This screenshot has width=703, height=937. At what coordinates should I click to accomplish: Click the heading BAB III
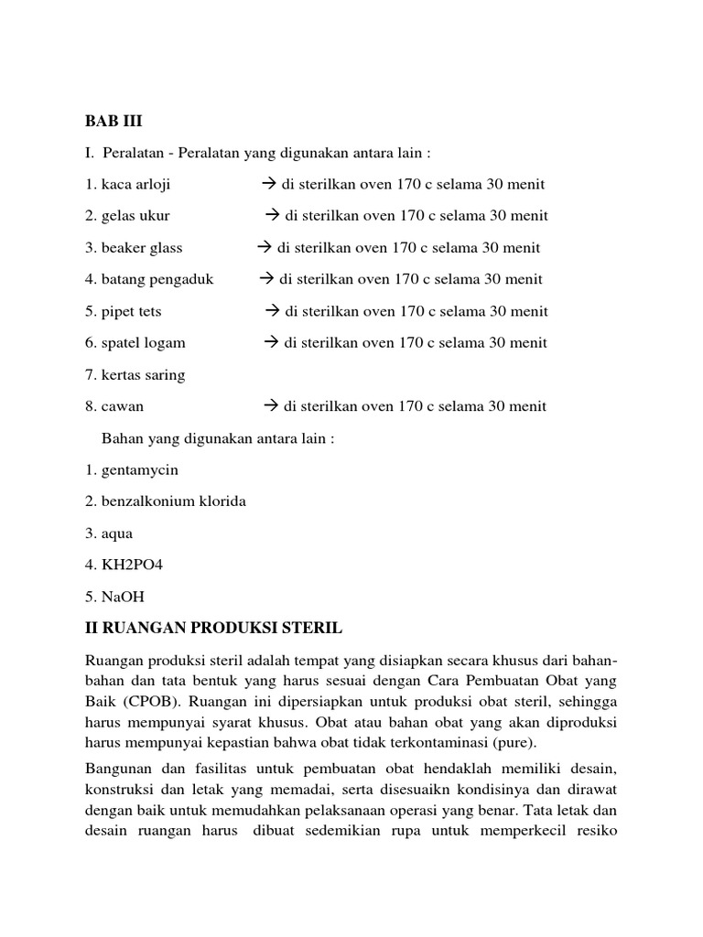coord(114,121)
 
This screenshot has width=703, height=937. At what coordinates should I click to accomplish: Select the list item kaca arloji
coord(127,184)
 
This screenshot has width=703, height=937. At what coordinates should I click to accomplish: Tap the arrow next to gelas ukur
coord(272,216)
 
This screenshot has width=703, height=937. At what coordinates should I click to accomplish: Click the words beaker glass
coord(134,248)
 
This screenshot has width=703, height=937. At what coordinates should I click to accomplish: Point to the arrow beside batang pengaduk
coord(266,279)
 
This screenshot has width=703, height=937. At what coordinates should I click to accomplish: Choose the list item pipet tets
coord(124,311)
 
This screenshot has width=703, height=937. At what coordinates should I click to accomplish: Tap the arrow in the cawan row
coord(270,406)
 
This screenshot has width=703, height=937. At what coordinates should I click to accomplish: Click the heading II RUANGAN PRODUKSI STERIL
coord(213,629)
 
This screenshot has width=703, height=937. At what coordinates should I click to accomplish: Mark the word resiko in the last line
coord(595,833)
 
